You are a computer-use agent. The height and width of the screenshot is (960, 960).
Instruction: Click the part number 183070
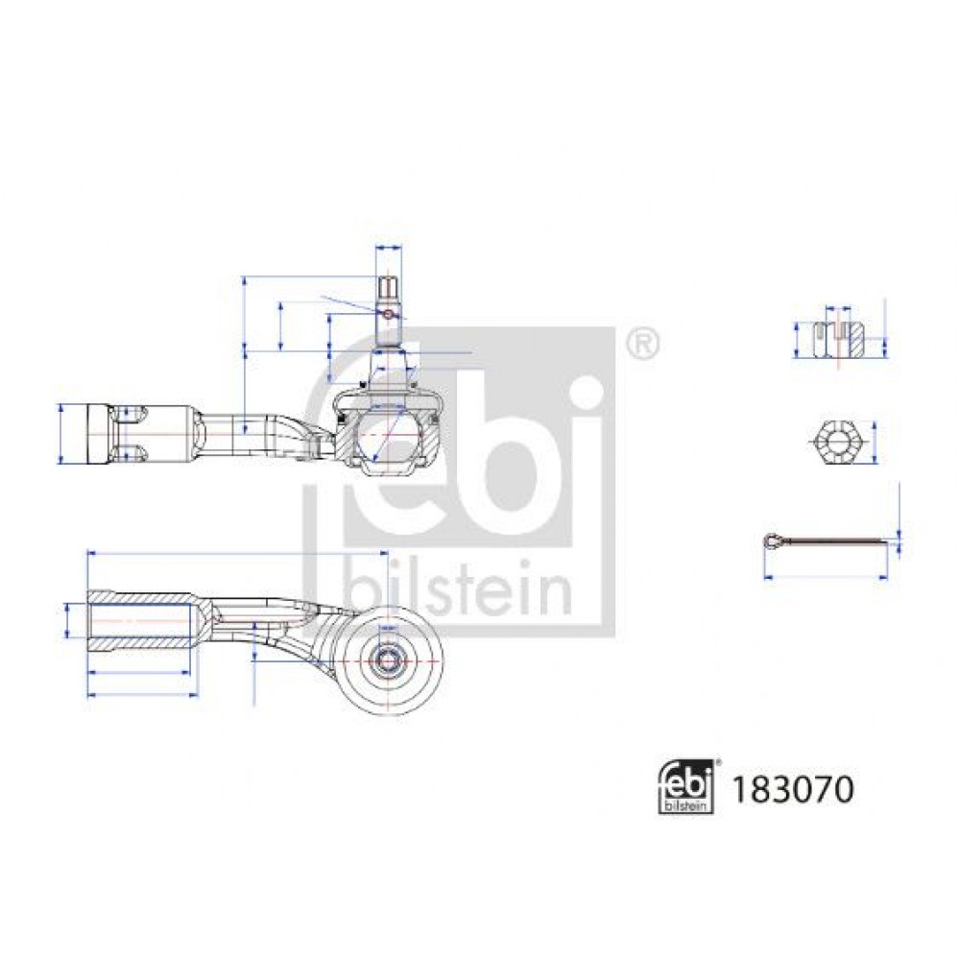(792, 789)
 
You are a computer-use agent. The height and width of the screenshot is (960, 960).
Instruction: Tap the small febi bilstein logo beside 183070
(686, 787)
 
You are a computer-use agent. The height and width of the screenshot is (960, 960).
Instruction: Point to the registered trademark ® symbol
(643, 345)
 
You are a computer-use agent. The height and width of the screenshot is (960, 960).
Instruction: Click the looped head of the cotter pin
(773, 540)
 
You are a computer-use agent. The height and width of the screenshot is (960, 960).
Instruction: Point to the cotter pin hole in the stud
(388, 314)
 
